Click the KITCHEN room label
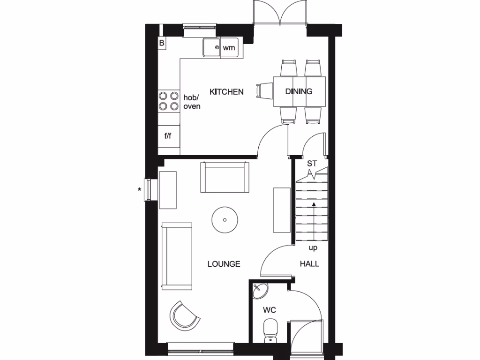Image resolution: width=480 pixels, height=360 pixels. click(226, 92)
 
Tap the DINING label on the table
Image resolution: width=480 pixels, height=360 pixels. click(299, 91)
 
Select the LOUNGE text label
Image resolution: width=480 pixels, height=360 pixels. click(224, 264)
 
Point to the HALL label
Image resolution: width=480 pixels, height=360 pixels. click(309, 264)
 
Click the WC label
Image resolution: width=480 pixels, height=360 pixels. click(269, 310)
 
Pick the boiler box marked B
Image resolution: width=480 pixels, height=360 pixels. click(162, 43)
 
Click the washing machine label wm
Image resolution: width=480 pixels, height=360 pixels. click(228, 47)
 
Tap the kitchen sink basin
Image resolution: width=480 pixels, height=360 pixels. click(211, 47)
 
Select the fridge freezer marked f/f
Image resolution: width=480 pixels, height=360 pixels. click(168, 136)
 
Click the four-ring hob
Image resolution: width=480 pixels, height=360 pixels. click(169, 101)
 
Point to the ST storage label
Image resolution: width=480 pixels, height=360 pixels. click(312, 164)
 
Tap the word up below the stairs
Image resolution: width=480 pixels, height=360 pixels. click(313, 247)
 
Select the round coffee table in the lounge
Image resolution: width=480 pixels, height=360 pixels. click(225, 219)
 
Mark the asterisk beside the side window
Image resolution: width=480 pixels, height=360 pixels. click(139, 190)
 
